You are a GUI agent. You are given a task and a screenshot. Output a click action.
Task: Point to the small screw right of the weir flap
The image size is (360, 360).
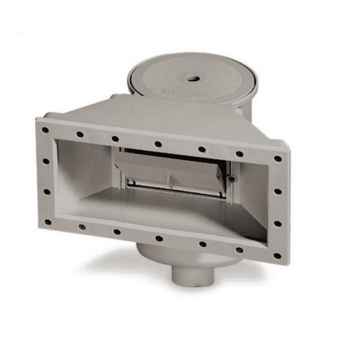coord(232,179)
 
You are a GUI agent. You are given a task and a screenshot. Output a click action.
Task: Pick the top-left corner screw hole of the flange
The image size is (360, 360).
coord(45,130)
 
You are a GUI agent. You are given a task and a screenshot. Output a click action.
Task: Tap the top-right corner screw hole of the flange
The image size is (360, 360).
coord(277,159)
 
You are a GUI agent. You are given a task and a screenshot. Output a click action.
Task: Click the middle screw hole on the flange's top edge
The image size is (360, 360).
coord(158,144)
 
